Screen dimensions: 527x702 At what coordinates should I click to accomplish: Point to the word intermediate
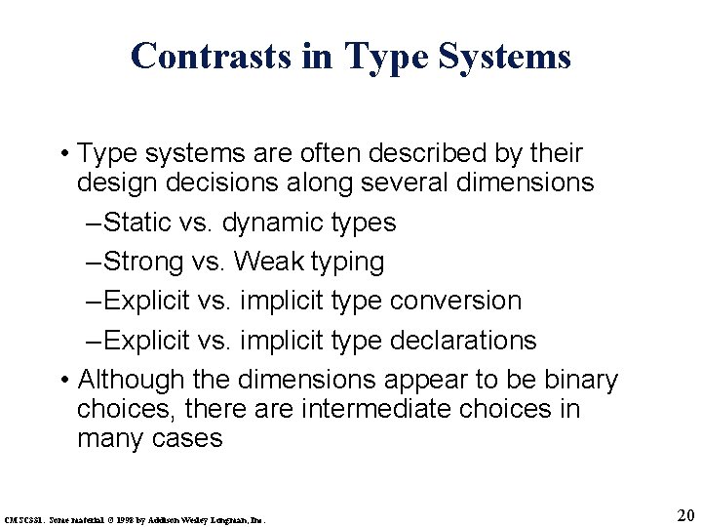(x=310, y=409)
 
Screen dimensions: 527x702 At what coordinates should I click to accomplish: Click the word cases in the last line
(x=187, y=438)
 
